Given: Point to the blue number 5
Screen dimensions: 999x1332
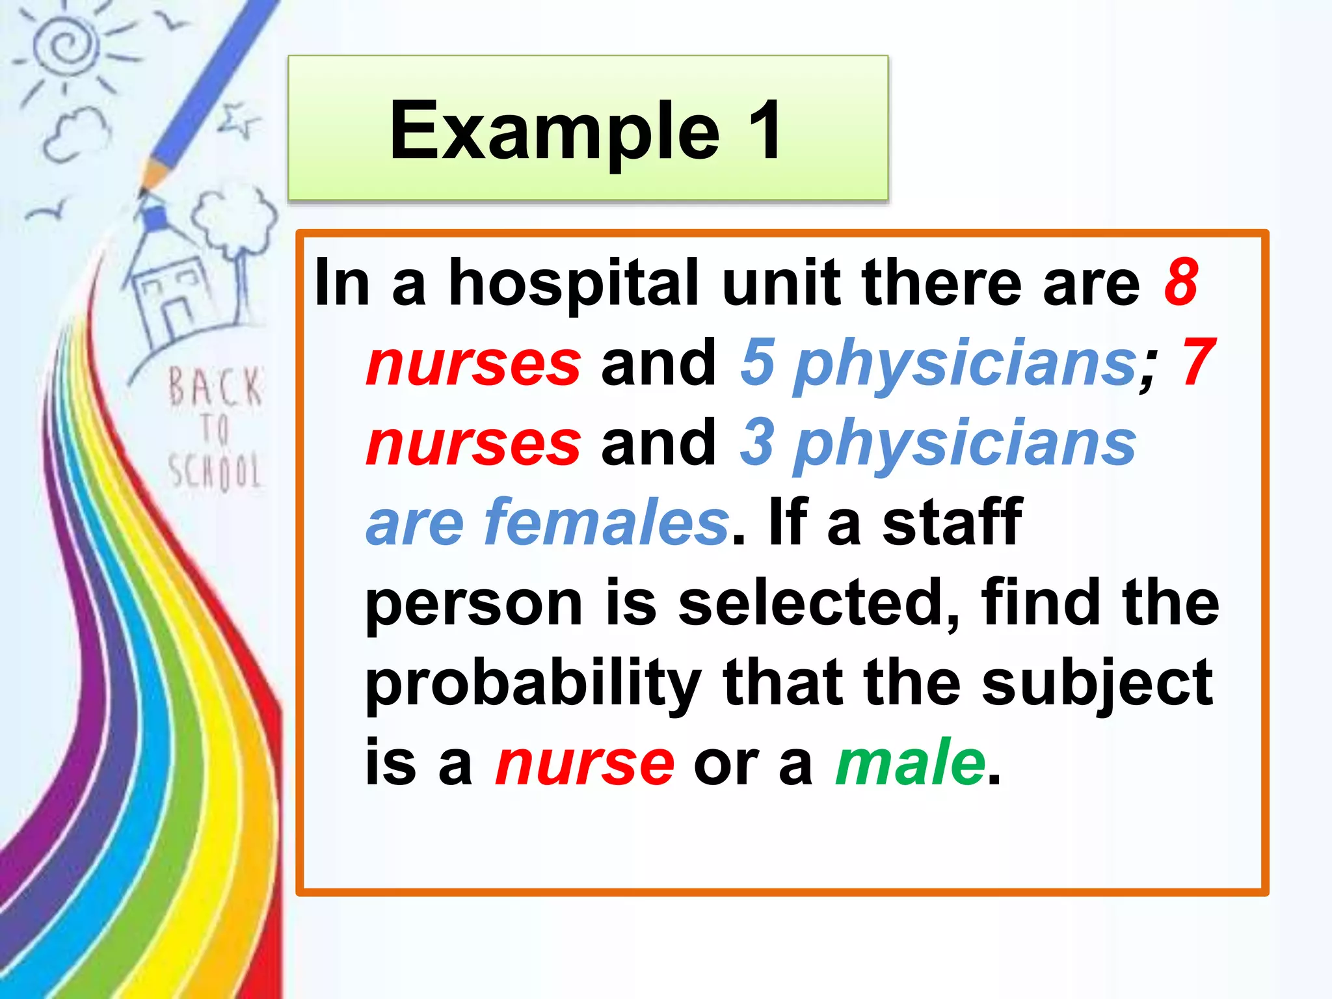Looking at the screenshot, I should (x=757, y=362).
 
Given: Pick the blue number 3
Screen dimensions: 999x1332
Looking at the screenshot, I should (x=757, y=442).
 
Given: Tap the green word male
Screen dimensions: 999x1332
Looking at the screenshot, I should (x=911, y=762).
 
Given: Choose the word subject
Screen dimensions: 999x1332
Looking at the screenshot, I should (x=1097, y=683).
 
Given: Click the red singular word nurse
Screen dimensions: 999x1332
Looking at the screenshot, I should (x=584, y=762).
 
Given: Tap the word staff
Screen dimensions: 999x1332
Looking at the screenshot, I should (x=952, y=522).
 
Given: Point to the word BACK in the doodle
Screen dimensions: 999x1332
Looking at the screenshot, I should (x=215, y=388).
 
